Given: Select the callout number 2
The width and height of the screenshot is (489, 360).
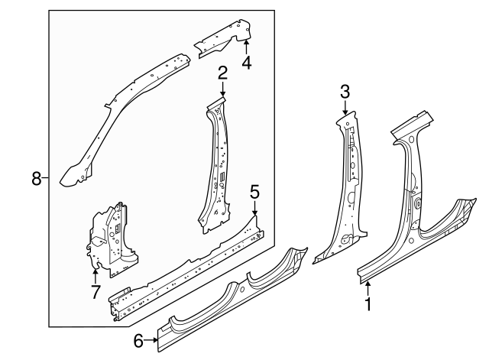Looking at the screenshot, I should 222,73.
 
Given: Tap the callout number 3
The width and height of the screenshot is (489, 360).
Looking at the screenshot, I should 345,92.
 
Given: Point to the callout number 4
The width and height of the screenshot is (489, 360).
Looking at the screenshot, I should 246,63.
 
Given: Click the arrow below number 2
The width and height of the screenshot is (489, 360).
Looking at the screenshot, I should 222,89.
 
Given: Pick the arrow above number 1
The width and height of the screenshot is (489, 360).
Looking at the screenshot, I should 369,287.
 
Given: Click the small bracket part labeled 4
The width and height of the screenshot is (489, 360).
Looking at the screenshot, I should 226,39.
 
